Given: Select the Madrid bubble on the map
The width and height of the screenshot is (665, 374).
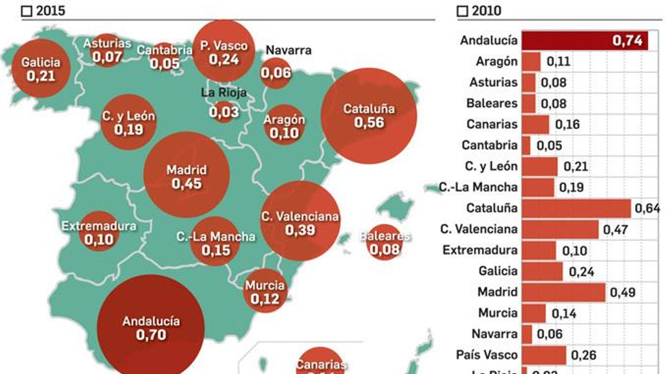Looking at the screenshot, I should click(186, 176).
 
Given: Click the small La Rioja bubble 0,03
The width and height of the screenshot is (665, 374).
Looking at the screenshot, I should click(224, 111).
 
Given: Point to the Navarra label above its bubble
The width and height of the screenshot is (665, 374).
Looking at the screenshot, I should click(288, 50).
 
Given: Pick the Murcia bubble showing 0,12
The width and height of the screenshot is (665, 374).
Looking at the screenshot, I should click(265, 292).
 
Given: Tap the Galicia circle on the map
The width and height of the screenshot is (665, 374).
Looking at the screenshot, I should click(41, 69).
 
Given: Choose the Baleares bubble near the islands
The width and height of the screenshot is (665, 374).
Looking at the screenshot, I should click(384, 243).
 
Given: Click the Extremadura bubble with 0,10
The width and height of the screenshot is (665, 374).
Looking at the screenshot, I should click(99, 233).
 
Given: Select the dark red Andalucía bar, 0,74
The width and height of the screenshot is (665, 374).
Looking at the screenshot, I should click(584, 41).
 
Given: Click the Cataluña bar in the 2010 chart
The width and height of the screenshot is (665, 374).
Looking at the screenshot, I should click(576, 208).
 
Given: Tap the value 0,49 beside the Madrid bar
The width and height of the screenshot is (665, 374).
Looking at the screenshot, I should click(622, 293).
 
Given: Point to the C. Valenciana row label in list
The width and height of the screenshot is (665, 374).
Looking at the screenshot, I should click(478, 229).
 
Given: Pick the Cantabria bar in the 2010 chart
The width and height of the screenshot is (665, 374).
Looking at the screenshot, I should click(526, 145).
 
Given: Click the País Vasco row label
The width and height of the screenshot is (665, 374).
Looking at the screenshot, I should click(486, 354).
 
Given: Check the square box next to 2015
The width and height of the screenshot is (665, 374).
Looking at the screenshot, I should click(27, 11).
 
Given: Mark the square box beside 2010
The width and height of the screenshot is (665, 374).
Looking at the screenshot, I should click(462, 11).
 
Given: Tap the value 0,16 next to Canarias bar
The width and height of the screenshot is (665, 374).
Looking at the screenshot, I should click(567, 124).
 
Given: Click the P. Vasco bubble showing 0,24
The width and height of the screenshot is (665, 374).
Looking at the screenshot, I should click(224, 52).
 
